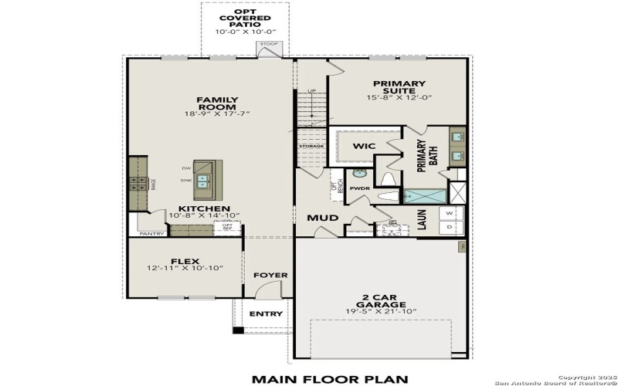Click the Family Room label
pyautogui.click(x=217, y=100)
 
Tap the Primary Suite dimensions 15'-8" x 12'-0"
pyautogui.click(x=399, y=97)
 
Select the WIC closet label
pyautogui.click(x=364, y=146)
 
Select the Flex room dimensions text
pyautogui.click(x=185, y=268)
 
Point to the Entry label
pyautogui.click(x=266, y=313)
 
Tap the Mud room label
pyautogui.click(x=323, y=218)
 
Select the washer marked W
pyautogui.click(x=450, y=213)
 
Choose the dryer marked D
pyautogui.click(x=450, y=228)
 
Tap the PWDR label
pyautogui.click(x=359, y=188)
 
